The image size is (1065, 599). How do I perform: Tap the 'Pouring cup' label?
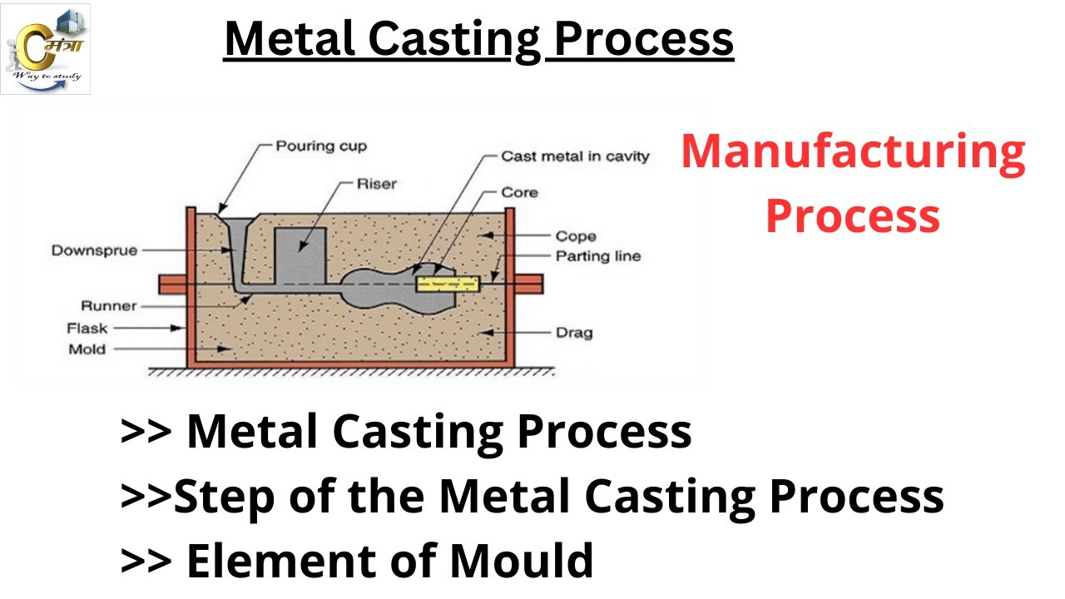click(320, 146)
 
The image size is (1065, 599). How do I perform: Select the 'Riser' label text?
click(376, 184)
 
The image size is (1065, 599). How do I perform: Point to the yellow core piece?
click(448, 284)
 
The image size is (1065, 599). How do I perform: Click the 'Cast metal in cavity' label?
click(575, 156)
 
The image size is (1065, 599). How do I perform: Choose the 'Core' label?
click(519, 192)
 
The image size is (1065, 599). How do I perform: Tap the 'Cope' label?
click(576, 236)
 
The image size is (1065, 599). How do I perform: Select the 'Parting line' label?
click(598, 256)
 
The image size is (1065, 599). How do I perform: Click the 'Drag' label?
click(574, 333)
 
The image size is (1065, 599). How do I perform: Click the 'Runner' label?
click(108, 306)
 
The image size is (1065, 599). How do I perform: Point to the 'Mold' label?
click(87, 349)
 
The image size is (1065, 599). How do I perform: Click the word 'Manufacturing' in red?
click(853, 152)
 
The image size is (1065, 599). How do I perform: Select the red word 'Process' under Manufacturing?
click(853, 215)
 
